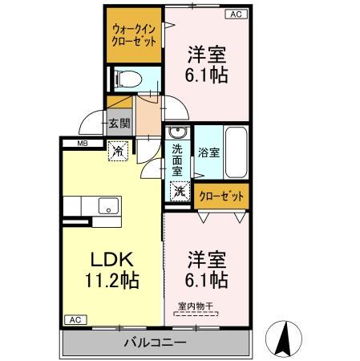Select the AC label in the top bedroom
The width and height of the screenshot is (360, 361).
pos(235,14)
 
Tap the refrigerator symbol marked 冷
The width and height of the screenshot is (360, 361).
pos(118,149)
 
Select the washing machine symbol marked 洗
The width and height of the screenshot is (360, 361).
pos(180,192)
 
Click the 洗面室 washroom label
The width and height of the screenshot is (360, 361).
pos(178,160)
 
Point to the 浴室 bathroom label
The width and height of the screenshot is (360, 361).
pos(208,151)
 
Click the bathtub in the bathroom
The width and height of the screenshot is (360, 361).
pos(235,152)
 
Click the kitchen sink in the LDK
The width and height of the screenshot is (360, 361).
pos(107,207)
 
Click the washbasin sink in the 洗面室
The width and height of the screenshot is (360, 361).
pos(178,133)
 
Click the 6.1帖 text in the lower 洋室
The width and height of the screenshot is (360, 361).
pos(208,280)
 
